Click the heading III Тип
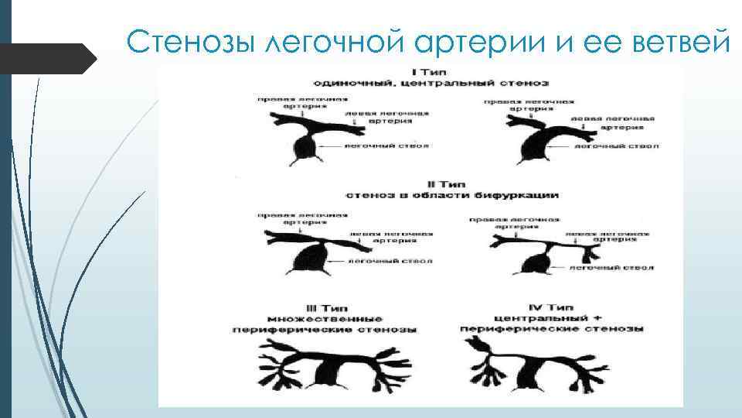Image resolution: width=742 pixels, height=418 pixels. click(324, 307)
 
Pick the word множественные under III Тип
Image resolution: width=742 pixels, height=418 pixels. click(324, 318)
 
